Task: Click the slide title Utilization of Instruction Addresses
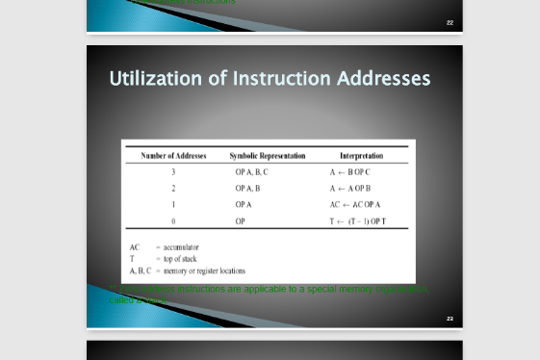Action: tap(270, 78)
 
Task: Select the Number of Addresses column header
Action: tap(173, 155)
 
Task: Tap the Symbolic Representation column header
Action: tap(267, 155)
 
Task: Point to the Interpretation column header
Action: tap(361, 155)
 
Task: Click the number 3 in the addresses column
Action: tap(173, 171)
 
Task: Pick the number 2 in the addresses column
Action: tap(173, 188)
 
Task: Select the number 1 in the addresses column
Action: tap(173, 204)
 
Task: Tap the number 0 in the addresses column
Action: tap(173, 220)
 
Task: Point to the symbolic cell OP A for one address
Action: tap(243, 204)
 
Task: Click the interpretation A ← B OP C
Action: tap(349, 171)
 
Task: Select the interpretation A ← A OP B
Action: tap(349, 188)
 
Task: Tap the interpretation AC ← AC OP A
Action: tap(354, 204)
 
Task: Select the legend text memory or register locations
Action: tap(204, 270)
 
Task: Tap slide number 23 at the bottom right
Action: tap(450, 318)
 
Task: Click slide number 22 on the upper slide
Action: tap(450, 22)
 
